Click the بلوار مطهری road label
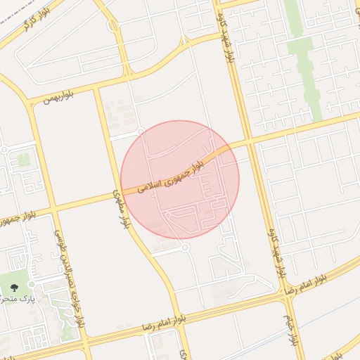click(x=122, y=207)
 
